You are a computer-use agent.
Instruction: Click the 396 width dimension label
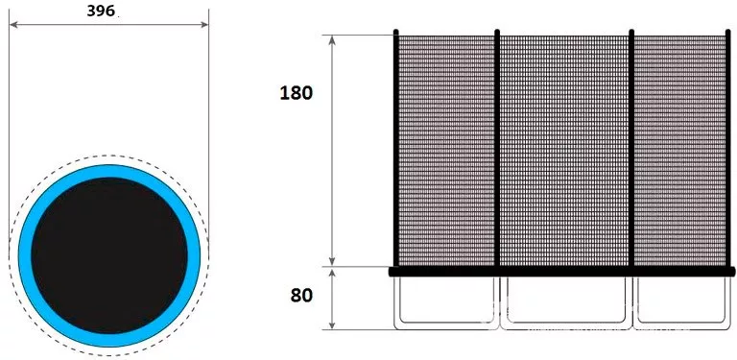101,11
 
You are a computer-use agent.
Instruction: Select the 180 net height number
296,93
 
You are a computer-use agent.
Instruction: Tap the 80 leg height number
301,296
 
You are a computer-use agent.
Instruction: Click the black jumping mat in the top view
109,255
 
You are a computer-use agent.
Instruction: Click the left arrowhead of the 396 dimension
13,24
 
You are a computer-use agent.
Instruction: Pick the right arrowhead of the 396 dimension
204,24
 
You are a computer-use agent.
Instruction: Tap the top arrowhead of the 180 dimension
332,39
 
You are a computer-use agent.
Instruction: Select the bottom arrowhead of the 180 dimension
332,262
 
